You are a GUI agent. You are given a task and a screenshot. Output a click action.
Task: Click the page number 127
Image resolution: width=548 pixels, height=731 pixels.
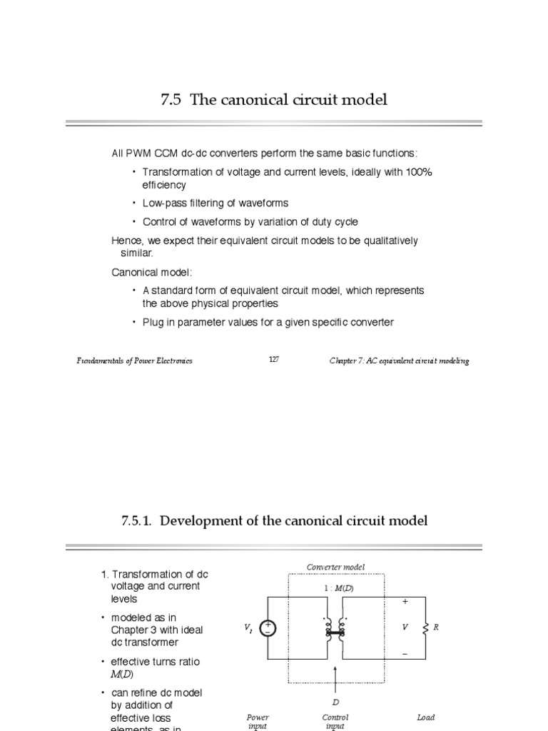274,360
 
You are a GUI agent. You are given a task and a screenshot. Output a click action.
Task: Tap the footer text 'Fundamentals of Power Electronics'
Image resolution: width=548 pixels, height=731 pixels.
135,361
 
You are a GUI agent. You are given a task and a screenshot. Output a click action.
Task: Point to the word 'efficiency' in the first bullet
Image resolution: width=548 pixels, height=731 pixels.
164,185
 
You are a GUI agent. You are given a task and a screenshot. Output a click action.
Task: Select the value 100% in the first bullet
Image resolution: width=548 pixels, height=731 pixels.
418,172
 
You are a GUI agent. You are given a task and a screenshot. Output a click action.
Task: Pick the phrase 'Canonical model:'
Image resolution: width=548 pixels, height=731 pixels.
152,273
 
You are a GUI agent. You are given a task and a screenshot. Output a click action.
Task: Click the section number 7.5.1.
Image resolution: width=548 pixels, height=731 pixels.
136,521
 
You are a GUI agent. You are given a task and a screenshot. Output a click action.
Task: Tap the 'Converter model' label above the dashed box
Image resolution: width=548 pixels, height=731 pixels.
335,568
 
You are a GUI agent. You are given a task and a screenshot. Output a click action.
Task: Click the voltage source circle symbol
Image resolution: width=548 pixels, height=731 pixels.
268,627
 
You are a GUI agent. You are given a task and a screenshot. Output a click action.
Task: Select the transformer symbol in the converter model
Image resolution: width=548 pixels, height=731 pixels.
335,627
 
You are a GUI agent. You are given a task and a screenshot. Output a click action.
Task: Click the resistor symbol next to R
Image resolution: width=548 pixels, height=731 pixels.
426,627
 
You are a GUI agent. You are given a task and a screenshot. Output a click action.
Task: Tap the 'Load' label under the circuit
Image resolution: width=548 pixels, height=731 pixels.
426,717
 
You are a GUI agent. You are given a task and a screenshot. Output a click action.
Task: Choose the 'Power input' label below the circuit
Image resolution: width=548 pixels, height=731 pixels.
258,722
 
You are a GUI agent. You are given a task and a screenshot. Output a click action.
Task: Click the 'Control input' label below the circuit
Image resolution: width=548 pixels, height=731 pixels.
335,722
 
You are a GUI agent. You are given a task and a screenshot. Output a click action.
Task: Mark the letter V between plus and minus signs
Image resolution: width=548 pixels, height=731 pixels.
405,627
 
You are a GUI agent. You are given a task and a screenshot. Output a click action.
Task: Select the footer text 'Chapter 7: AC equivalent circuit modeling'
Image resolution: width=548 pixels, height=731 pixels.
399,361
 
